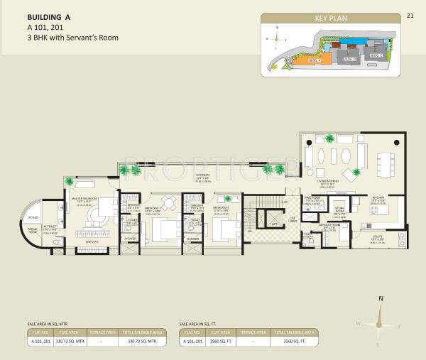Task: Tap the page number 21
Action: [x=410, y=15]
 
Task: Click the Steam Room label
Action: [x=33, y=230]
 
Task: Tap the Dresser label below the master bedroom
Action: [x=90, y=243]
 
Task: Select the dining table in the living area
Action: [x=379, y=163]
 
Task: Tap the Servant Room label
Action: [x=333, y=226]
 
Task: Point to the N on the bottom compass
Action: [x=381, y=299]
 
